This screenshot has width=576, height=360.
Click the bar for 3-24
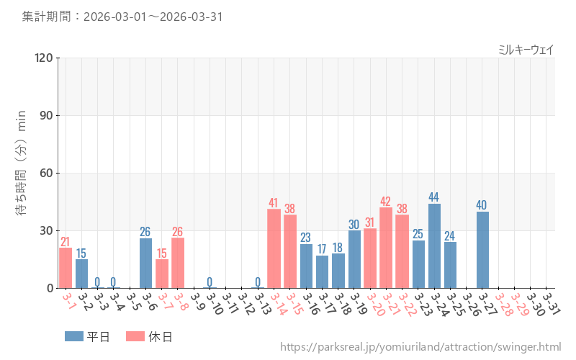click(x=434, y=246)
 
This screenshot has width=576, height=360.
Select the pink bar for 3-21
click(x=386, y=248)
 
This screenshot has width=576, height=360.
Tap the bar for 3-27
click(x=482, y=250)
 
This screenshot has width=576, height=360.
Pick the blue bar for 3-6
click(x=145, y=263)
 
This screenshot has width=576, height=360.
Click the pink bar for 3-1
click(x=66, y=268)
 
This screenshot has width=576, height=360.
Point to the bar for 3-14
click(x=274, y=248)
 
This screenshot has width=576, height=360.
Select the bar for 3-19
click(x=354, y=259)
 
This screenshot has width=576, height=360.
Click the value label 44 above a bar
click(x=434, y=197)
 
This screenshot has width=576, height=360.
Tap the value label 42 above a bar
click(x=386, y=202)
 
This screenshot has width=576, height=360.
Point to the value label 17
click(x=322, y=249)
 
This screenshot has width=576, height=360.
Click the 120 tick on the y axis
click(x=44, y=58)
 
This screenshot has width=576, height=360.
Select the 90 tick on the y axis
click(x=47, y=115)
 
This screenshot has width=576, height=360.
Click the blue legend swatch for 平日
click(x=74, y=336)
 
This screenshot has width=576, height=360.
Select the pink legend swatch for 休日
click(x=135, y=336)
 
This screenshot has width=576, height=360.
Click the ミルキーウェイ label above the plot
click(x=526, y=50)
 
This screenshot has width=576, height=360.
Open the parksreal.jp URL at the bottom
click(x=420, y=347)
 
